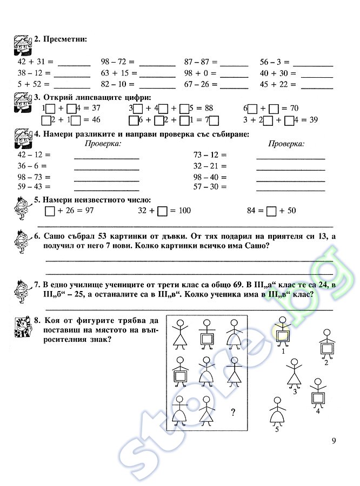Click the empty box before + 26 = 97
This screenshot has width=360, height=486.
pyautogui.click(x=50, y=211)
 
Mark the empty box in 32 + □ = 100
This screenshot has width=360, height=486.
pyautogui.click(x=162, y=211)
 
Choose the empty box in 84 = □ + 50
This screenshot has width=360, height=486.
pyautogui.click(x=272, y=211)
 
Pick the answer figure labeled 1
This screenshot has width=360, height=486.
pyautogui.click(x=283, y=333)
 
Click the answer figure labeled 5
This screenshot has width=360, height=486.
pyautogui.click(x=277, y=413)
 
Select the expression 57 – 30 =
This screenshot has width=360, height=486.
pyautogui.click(x=210, y=187)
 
